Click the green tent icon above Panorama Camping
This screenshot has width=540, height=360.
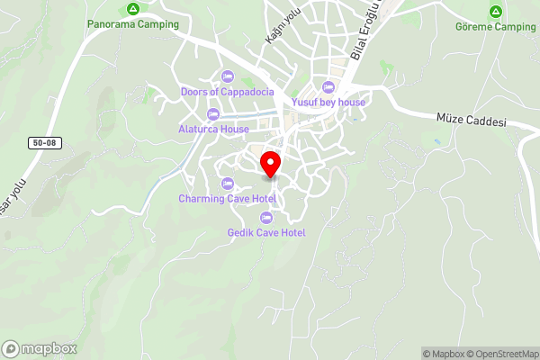pos(132,9)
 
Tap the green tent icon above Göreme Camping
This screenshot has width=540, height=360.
pos(495,11)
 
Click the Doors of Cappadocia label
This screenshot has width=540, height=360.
pos(227,91)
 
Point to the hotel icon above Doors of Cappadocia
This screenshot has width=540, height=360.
pos(227,76)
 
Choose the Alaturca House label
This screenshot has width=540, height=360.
pos(213,129)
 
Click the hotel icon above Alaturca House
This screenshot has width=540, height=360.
pos(213,113)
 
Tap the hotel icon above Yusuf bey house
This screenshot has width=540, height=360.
pos(328,87)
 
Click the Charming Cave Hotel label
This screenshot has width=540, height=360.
pos(227,199)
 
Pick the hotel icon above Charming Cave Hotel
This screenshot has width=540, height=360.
pos(227,184)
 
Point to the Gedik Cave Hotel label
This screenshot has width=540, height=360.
pos(266,233)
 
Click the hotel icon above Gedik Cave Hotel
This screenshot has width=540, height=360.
pos(266,218)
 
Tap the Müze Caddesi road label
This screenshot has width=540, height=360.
pos(472,121)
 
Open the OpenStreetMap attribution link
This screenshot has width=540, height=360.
pos(499,354)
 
